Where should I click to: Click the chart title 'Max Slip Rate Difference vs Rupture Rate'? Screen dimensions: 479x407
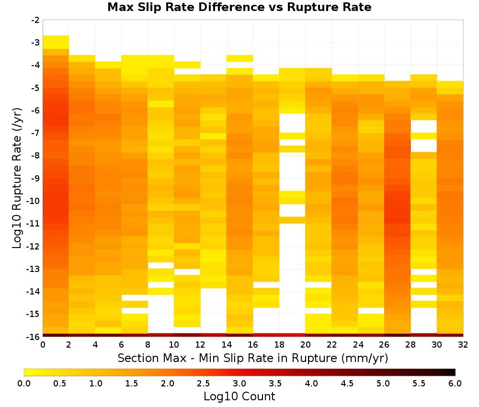tap(239, 7)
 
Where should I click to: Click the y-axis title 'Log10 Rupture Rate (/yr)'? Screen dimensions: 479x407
tap(17, 178)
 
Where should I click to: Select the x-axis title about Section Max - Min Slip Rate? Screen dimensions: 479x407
tap(252, 358)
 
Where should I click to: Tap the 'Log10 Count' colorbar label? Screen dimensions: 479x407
tap(239, 396)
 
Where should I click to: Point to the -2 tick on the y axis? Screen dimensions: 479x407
tap(35, 20)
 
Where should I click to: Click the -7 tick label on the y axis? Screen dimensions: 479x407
tap(35, 133)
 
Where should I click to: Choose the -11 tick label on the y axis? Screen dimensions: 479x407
tap(34, 224)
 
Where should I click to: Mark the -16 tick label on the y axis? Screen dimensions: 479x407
tap(34, 337)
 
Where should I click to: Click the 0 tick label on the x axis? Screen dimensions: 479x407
tap(43, 345)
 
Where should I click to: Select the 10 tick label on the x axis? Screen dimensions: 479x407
tap(174, 345)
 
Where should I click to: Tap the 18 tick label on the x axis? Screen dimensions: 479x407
tap(279, 345)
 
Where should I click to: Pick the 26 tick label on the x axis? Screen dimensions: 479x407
tap(384, 345)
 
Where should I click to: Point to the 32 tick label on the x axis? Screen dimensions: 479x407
tap(463, 345)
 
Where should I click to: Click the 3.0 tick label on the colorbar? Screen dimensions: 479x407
tap(239, 383)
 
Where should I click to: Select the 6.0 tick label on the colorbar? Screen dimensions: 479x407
tap(455, 383)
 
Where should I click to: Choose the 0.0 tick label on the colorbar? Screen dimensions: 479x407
tap(24, 383)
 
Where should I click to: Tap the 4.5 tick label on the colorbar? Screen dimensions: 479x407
tap(347, 383)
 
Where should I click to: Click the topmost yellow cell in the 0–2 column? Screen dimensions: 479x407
tap(56, 42)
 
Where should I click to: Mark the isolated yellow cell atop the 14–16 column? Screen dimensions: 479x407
tap(239, 58)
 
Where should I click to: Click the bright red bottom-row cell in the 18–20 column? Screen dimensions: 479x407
tap(292, 335)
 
